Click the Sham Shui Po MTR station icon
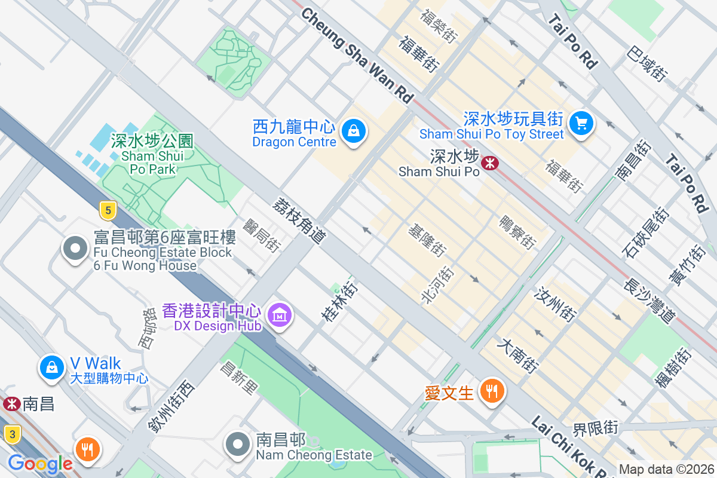pyautogui.click(x=491, y=162)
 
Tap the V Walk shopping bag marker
pyautogui.click(x=52, y=367)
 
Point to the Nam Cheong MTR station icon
pyautogui.click(x=10, y=404)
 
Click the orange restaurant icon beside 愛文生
pyautogui.click(x=492, y=391)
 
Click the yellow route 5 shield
pyautogui.click(x=108, y=210)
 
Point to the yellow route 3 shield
pyautogui.click(x=11, y=434)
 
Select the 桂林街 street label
pyautogui.click(x=339, y=303)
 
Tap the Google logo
pyautogui.click(x=39, y=464)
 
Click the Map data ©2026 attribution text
pyautogui.click(x=666, y=469)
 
